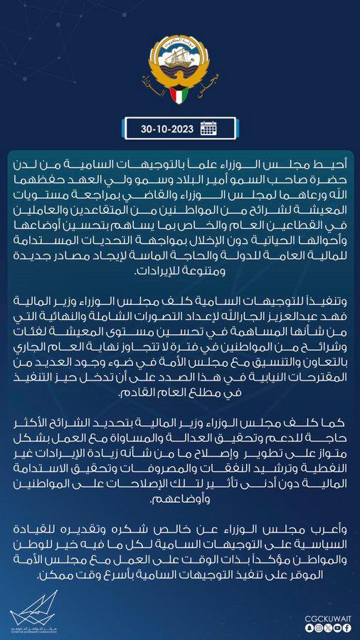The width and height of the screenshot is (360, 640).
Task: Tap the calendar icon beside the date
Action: click(x=208, y=129)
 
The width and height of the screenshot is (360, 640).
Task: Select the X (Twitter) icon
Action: click(x=327, y=627)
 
